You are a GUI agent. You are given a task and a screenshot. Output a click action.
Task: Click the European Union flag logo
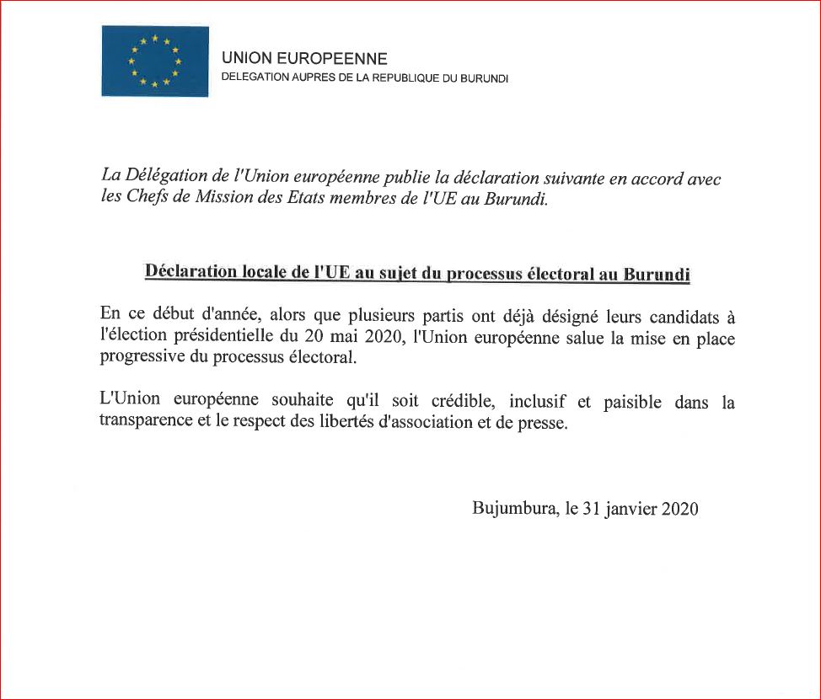click(x=155, y=61)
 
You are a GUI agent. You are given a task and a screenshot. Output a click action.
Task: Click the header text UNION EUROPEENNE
click(x=304, y=59)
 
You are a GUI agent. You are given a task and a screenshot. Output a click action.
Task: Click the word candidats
click(x=664, y=316)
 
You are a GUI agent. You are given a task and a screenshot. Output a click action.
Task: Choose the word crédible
click(x=462, y=402)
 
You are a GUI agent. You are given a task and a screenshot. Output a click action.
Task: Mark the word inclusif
click(x=542, y=402)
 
